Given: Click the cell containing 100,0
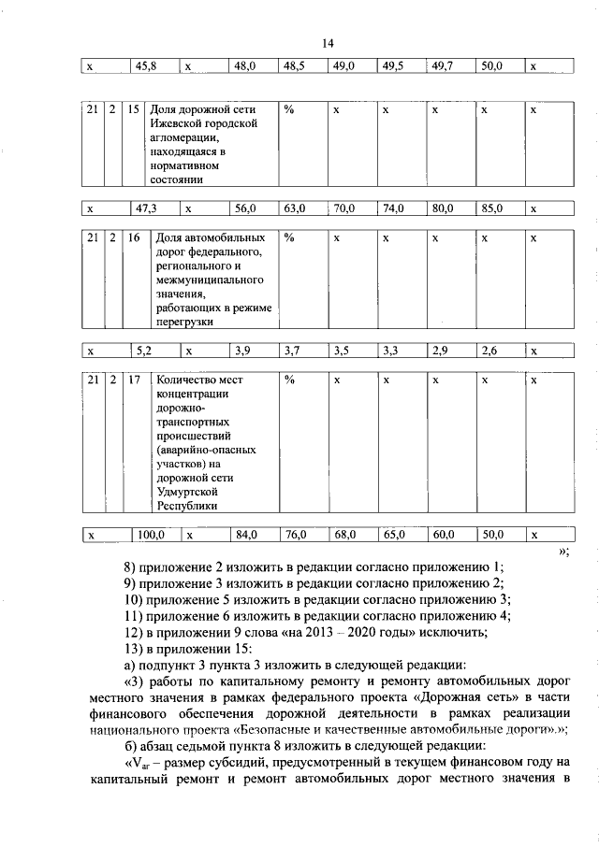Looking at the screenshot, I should (151, 536).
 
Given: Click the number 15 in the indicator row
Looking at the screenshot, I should (134, 110).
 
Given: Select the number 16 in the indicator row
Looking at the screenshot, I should (134, 238).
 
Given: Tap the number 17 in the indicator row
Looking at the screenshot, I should (134, 380).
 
